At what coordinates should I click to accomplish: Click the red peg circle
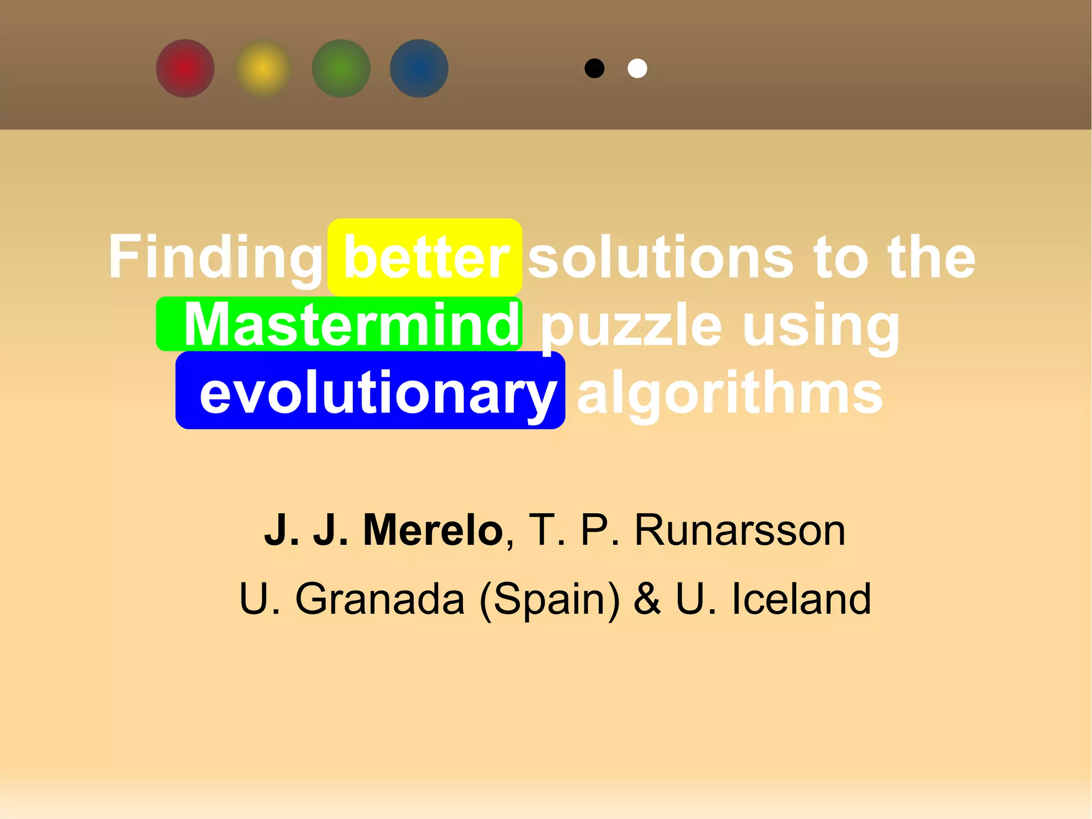(x=185, y=68)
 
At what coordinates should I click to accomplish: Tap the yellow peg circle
(x=263, y=68)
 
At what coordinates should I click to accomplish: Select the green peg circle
(x=341, y=68)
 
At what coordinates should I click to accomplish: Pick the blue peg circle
(x=419, y=68)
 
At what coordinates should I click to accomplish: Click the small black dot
(x=595, y=68)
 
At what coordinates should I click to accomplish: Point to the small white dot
(x=637, y=68)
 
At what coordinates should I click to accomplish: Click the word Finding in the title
(x=215, y=258)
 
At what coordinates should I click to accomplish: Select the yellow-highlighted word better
(x=426, y=258)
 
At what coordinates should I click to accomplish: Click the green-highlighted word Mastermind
(x=352, y=324)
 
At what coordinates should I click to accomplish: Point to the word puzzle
(x=632, y=325)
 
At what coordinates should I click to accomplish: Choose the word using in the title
(x=821, y=325)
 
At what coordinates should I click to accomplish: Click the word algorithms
(x=730, y=394)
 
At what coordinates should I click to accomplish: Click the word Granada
(x=380, y=599)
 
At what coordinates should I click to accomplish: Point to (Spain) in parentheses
(x=550, y=599)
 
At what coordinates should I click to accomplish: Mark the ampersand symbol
(x=647, y=599)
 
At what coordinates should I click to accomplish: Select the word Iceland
(x=801, y=599)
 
